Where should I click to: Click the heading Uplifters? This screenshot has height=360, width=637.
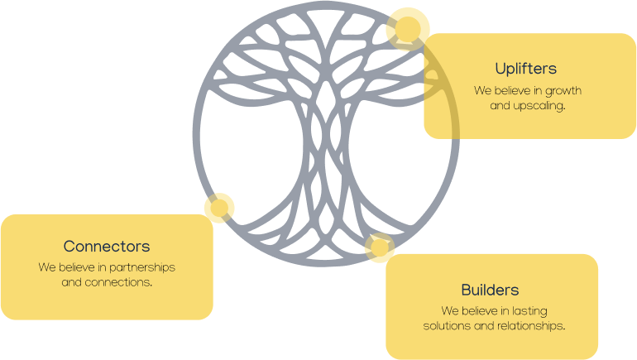(525, 68)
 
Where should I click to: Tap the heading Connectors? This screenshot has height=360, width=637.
(107, 247)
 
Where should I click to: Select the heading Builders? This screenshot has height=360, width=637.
(490, 290)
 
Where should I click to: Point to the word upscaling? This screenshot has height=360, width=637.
(539, 106)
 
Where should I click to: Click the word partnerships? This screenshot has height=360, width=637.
(142, 268)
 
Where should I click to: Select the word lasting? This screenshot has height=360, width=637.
(529, 311)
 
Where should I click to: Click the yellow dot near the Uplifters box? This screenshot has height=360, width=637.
(407, 29)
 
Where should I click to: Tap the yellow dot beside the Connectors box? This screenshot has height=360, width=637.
(219, 208)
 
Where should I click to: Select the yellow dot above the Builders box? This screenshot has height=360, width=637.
(379, 247)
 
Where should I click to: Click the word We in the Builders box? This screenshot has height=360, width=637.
(450, 311)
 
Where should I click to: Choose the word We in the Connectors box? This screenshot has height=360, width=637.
(47, 268)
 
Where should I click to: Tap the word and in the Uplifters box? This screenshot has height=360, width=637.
(500, 106)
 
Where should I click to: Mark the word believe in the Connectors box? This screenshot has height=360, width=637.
(77, 268)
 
